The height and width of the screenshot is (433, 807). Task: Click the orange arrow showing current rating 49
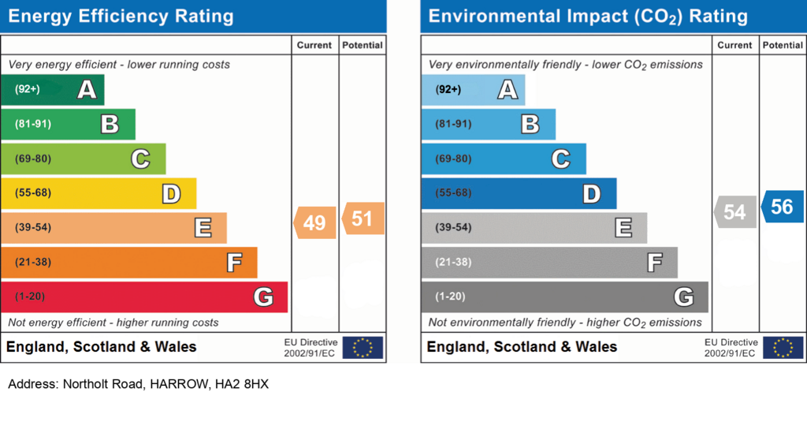tap(315, 222)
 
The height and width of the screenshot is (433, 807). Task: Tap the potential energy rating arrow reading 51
tap(363, 218)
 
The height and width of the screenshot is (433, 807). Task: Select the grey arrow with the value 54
tap(735, 211)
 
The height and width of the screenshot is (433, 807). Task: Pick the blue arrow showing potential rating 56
tap(783, 207)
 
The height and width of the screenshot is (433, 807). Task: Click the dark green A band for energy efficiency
tap(53, 90)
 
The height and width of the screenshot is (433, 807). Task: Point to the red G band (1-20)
tap(144, 297)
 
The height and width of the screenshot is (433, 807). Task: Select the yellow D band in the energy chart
tap(99, 193)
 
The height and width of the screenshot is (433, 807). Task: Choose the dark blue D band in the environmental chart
tap(519, 193)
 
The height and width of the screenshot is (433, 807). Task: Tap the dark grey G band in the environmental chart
tap(564, 297)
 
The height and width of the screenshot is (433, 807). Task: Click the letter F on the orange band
tap(234, 262)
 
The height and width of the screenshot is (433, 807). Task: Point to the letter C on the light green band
tap(140, 159)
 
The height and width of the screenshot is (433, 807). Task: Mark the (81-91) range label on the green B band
tap(33, 124)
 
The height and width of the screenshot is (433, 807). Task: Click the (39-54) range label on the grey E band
tap(453, 228)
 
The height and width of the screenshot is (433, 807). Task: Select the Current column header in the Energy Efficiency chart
tap(314, 45)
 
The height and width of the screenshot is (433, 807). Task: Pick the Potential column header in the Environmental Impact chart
tap(783, 45)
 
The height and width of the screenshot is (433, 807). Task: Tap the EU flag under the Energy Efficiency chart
tap(363, 348)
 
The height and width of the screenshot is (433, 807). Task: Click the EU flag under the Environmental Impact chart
tap(783, 348)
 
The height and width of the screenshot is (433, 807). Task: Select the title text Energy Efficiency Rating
tap(121, 17)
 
